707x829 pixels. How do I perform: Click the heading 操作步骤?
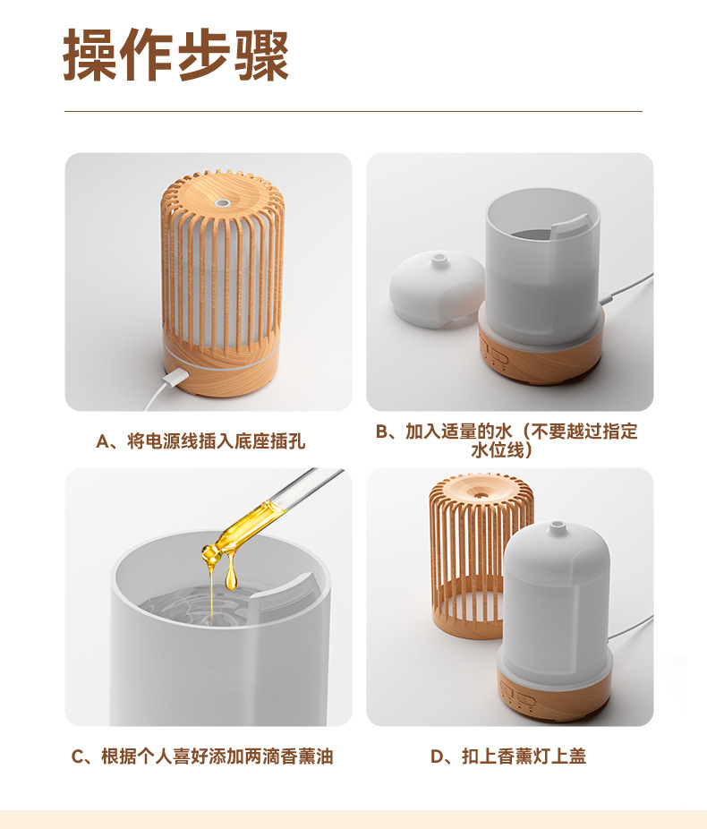pos(176,55)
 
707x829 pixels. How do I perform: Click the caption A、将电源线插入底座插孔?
pos(200,441)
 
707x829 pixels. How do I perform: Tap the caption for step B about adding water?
pos(507,440)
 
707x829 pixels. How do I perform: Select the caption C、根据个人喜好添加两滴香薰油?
pos(202,756)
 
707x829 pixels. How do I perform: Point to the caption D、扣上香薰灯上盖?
pos(508,756)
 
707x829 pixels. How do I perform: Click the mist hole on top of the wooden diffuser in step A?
pos(222,201)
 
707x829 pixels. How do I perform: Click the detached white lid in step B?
pos(437,288)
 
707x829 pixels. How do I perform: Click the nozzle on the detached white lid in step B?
pos(438,259)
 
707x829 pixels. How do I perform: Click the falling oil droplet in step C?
pos(231,576)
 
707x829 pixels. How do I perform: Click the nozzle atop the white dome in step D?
pos(556,526)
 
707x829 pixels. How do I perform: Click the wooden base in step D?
pos(555,690)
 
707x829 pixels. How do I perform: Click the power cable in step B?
pos(627,288)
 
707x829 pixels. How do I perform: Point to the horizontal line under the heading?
pos(353,112)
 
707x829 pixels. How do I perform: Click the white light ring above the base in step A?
pos(221,357)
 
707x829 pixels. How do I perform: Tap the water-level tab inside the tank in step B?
pos(569,228)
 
